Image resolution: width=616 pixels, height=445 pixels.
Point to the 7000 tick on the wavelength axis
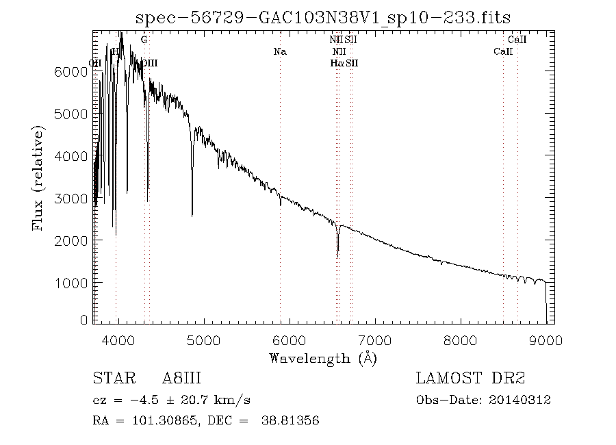pyautogui.click(x=374, y=340)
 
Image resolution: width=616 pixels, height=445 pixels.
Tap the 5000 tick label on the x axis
pyautogui.click(x=203, y=340)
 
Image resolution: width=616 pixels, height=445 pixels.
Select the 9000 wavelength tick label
pyautogui.click(x=546, y=340)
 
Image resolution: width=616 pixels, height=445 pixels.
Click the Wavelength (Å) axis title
pyautogui.click(x=323, y=357)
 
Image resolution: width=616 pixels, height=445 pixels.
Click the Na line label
pyautogui.click(x=279, y=51)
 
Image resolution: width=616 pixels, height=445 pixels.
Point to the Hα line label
pyautogui.click(x=336, y=63)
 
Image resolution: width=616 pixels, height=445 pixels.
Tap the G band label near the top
pyautogui.click(x=144, y=40)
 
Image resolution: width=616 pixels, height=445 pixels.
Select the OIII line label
pyautogui.click(x=149, y=63)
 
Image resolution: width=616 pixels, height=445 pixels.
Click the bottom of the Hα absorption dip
pyautogui.click(x=337, y=256)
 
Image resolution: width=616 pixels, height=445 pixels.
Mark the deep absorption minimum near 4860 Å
pyautogui.click(x=192, y=216)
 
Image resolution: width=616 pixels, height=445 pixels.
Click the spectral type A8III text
pyautogui.click(x=181, y=379)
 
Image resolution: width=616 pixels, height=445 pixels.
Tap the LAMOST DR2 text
pyautogui.click(x=470, y=379)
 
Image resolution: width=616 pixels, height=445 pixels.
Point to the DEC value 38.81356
pyautogui.click(x=290, y=421)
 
